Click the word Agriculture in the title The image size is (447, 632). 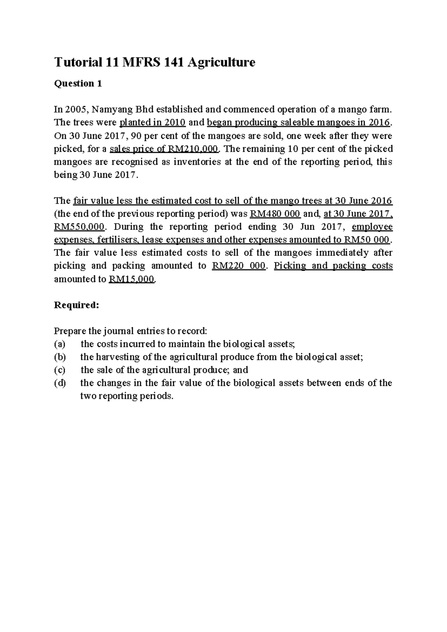point(221,62)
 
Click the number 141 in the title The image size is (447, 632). point(173,62)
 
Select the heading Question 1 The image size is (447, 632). point(78,83)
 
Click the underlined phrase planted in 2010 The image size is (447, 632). point(152,123)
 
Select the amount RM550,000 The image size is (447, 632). point(79,227)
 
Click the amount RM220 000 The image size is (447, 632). point(238,266)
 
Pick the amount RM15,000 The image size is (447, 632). point(131,279)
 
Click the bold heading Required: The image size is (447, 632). point(76,305)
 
